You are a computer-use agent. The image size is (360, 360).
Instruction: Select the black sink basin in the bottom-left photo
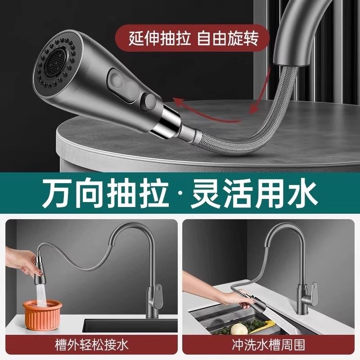point(130,325)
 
